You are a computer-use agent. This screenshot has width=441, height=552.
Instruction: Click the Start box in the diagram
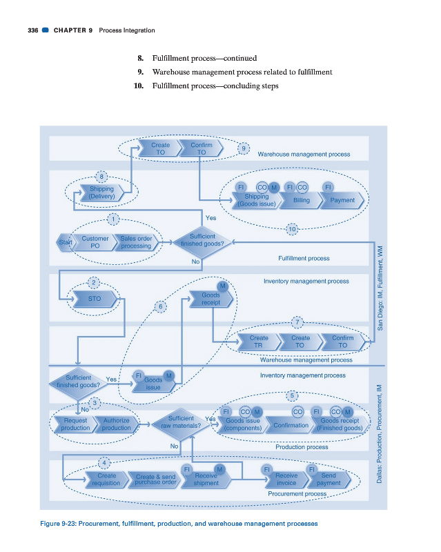(x=66, y=242)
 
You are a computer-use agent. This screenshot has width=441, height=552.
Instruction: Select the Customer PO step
(x=95, y=242)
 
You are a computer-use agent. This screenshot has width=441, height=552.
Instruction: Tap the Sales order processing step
(x=135, y=242)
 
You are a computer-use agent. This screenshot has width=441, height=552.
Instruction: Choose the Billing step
(x=301, y=200)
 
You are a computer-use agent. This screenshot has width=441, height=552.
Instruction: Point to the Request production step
(x=75, y=424)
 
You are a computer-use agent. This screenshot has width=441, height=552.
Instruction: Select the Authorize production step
(x=115, y=424)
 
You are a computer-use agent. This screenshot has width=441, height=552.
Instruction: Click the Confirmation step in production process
(x=291, y=425)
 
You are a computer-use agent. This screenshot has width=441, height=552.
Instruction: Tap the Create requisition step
(x=106, y=480)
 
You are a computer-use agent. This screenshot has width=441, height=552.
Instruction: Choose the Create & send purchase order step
(x=155, y=480)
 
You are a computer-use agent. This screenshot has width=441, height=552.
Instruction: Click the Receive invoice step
(x=286, y=480)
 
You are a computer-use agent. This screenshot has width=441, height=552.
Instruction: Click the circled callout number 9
(x=243, y=148)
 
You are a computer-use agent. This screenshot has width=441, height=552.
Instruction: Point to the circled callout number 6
(x=160, y=306)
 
